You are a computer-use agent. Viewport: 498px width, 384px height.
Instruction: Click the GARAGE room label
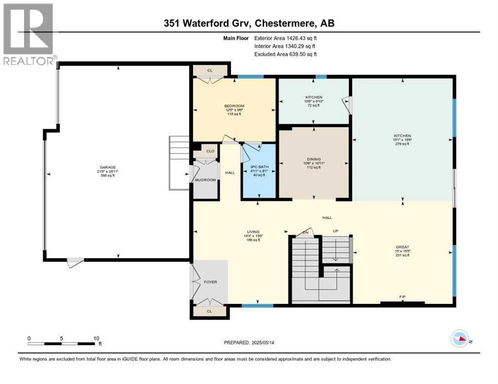pyautogui.click(x=104, y=167)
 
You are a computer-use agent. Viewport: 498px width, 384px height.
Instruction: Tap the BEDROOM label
pyautogui.click(x=234, y=106)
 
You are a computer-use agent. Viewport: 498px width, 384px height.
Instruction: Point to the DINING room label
pyautogui.click(x=314, y=159)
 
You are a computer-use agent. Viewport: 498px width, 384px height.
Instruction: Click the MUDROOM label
pyautogui.click(x=206, y=179)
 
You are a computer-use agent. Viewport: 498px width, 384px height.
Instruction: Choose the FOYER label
pyautogui.click(x=210, y=282)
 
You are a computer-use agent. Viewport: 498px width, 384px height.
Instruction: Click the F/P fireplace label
pyautogui.click(x=402, y=297)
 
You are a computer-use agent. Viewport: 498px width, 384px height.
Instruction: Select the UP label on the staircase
pyautogui.click(x=336, y=231)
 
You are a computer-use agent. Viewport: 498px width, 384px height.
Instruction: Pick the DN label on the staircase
pyautogui.click(x=305, y=232)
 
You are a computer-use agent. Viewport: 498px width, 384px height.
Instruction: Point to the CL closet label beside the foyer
pyautogui.click(x=209, y=311)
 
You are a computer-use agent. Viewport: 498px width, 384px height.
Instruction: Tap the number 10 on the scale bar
pyautogui.click(x=96, y=338)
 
